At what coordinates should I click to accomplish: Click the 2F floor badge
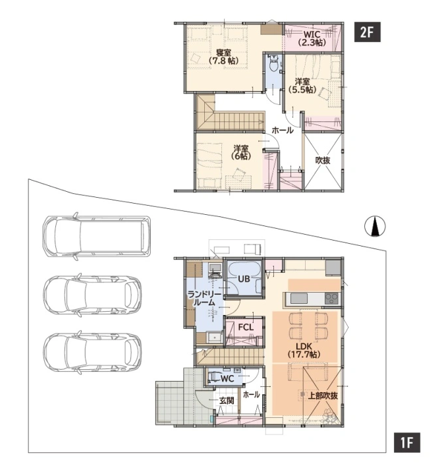[367, 32]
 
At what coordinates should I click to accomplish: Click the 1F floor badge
[407, 442]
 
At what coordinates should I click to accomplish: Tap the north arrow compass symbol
[375, 227]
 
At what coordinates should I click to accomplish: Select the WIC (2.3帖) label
[312, 38]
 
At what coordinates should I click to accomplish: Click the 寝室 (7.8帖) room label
[223, 57]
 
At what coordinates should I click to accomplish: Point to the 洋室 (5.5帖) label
[302, 85]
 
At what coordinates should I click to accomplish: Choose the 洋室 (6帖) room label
[241, 152]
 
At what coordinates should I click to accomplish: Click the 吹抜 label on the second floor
[323, 160]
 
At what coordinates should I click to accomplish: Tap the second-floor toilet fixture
[273, 63]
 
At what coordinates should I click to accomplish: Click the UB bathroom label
[244, 279]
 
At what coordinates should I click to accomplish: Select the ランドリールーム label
[204, 299]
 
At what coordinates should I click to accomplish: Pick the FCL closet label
[246, 327]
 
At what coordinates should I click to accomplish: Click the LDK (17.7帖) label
[304, 350]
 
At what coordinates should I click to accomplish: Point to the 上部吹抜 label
[323, 396]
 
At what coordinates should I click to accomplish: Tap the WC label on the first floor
[227, 378]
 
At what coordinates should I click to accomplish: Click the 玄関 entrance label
[227, 400]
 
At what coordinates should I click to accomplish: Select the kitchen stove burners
[331, 298]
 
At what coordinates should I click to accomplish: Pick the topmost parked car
[97, 236]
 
